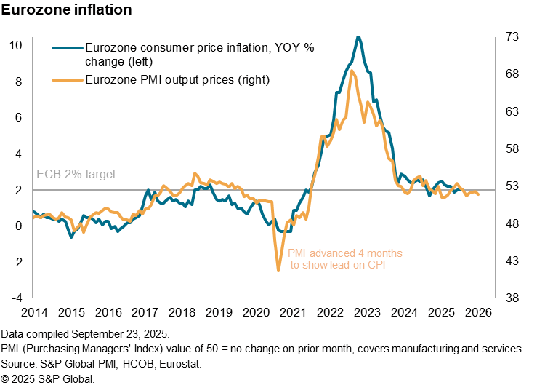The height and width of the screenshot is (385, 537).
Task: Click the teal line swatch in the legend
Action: (68, 49)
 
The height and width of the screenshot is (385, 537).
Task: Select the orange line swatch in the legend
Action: (68, 79)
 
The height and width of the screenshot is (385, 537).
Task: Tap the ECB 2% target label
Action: (76, 175)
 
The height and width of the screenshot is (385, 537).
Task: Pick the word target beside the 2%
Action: (100, 175)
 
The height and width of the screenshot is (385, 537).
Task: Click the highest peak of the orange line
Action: (352, 71)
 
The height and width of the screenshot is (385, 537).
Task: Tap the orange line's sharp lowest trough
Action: (278, 271)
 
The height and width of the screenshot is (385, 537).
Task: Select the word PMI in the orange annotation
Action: (296, 253)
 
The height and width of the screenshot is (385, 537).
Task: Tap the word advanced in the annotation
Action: (331, 253)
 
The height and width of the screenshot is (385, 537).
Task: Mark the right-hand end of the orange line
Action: (478, 195)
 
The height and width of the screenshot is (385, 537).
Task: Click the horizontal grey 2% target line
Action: (218, 190)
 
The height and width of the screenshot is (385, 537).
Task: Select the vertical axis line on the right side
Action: (496, 167)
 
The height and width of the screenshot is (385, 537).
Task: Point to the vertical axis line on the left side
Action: (33, 167)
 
